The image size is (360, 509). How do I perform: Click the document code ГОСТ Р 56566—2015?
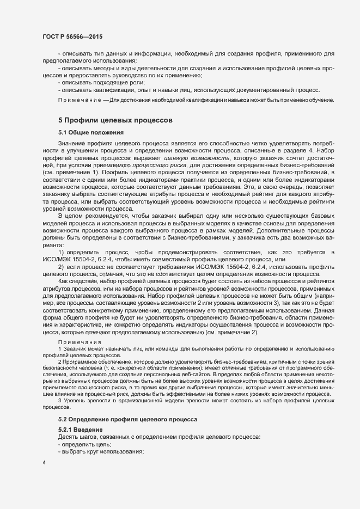tap(72, 36)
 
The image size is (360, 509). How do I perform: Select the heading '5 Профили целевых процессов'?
tap(115, 119)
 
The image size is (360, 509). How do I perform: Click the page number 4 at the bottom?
tap(44, 463)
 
